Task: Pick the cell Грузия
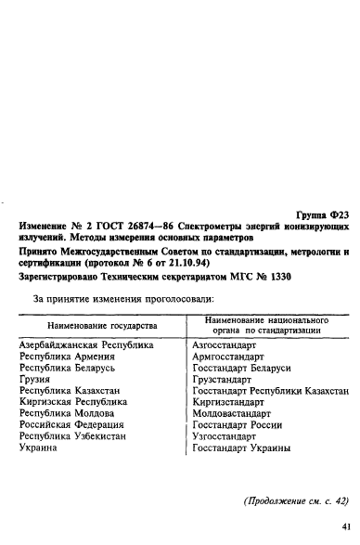click(34, 380)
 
